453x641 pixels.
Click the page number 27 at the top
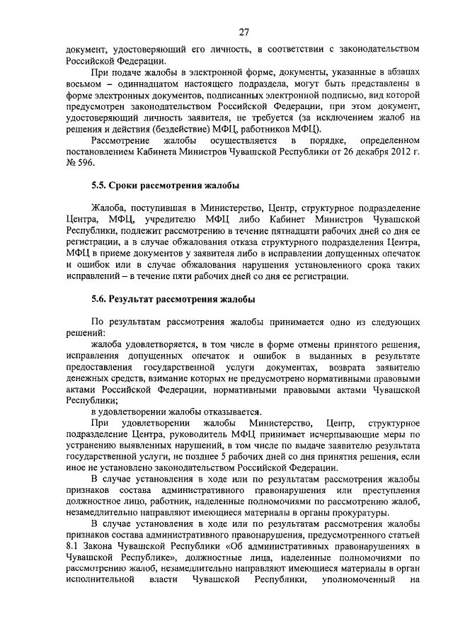(243, 32)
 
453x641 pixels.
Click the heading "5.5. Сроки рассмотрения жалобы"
(165, 186)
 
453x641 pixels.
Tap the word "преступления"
(389, 491)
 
